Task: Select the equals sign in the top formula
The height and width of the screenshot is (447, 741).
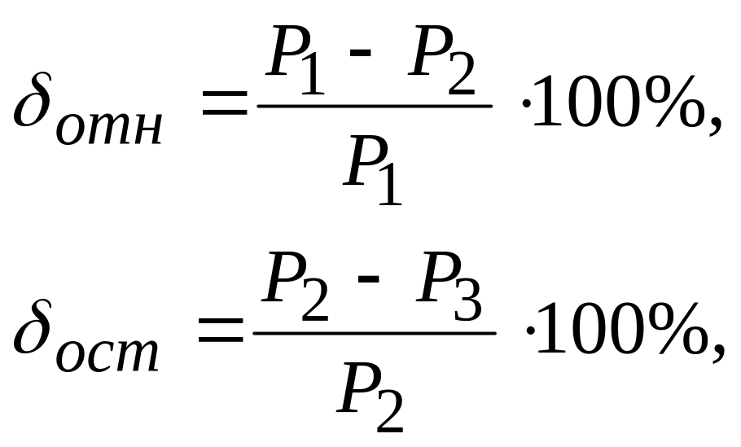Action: click(x=223, y=106)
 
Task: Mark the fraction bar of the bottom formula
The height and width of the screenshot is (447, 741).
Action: click(x=375, y=331)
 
